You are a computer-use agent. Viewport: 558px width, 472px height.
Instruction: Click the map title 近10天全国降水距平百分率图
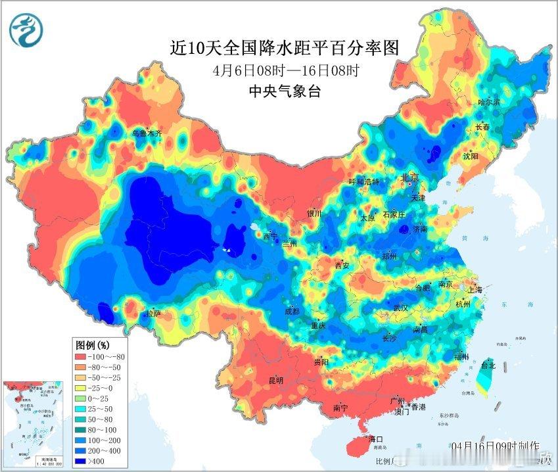pos(284,48)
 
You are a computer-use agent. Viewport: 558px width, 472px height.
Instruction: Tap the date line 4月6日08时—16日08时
pos(284,70)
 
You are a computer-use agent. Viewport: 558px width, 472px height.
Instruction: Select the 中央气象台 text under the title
pos(284,91)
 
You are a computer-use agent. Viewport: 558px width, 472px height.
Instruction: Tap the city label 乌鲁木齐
pos(147,133)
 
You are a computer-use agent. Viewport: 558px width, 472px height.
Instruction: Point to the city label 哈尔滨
pos(488,103)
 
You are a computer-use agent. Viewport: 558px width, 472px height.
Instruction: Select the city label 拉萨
pos(152,314)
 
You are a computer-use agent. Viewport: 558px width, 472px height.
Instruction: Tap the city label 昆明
pos(275,380)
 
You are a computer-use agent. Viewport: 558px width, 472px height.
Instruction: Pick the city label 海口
pos(376,438)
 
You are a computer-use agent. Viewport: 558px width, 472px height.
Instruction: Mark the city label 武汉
pos(400,308)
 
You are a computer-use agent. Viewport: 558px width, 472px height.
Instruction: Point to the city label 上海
pos(474,290)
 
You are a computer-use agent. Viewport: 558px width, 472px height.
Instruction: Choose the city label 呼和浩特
pos(363,182)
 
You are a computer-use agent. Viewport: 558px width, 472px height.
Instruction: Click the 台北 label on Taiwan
pos(488,365)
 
